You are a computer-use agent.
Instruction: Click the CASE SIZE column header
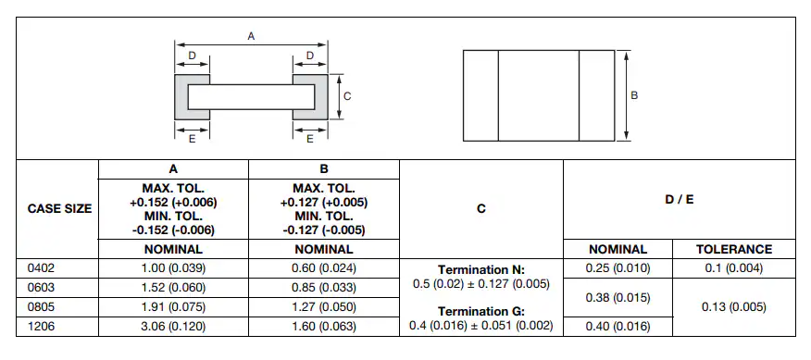click(59, 209)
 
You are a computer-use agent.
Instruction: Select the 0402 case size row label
click(41, 268)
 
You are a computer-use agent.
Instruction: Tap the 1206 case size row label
click(41, 327)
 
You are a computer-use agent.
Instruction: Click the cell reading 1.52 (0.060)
click(173, 288)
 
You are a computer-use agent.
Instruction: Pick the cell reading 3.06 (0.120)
click(173, 327)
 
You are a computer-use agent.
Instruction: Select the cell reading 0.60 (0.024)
click(324, 268)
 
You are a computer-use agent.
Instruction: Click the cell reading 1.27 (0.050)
click(324, 306)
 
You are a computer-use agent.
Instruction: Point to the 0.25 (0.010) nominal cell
click(618, 268)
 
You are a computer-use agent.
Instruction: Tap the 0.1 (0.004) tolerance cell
click(734, 268)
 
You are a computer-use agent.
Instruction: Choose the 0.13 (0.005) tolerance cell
click(734, 306)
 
